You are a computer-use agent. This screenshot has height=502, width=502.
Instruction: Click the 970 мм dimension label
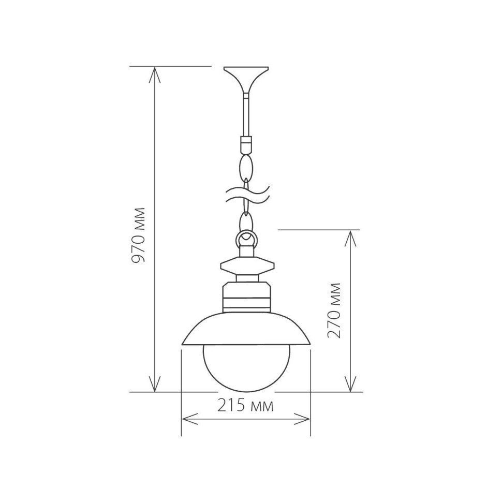(139, 235)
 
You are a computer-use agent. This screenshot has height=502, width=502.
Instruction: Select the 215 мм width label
(245, 405)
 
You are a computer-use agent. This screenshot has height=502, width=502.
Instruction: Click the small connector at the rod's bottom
(246, 142)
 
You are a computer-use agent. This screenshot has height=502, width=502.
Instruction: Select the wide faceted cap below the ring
(246, 267)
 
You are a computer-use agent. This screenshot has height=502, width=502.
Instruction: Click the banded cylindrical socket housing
(246, 298)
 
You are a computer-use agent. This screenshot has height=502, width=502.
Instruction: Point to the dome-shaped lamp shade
(246, 329)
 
